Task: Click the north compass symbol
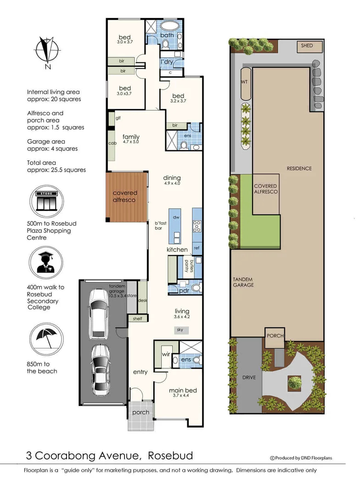pyautogui.click(x=45, y=52)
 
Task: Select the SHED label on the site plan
pyautogui.click(x=307, y=46)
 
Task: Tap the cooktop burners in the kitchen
pyautogui.click(x=197, y=225)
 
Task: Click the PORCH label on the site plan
pyautogui.click(x=275, y=336)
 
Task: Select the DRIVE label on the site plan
pyautogui.click(x=248, y=378)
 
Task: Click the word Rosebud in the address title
pyautogui.click(x=170, y=456)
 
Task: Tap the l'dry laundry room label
pyautogui.click(x=166, y=62)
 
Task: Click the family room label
pyautogui.click(x=131, y=137)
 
